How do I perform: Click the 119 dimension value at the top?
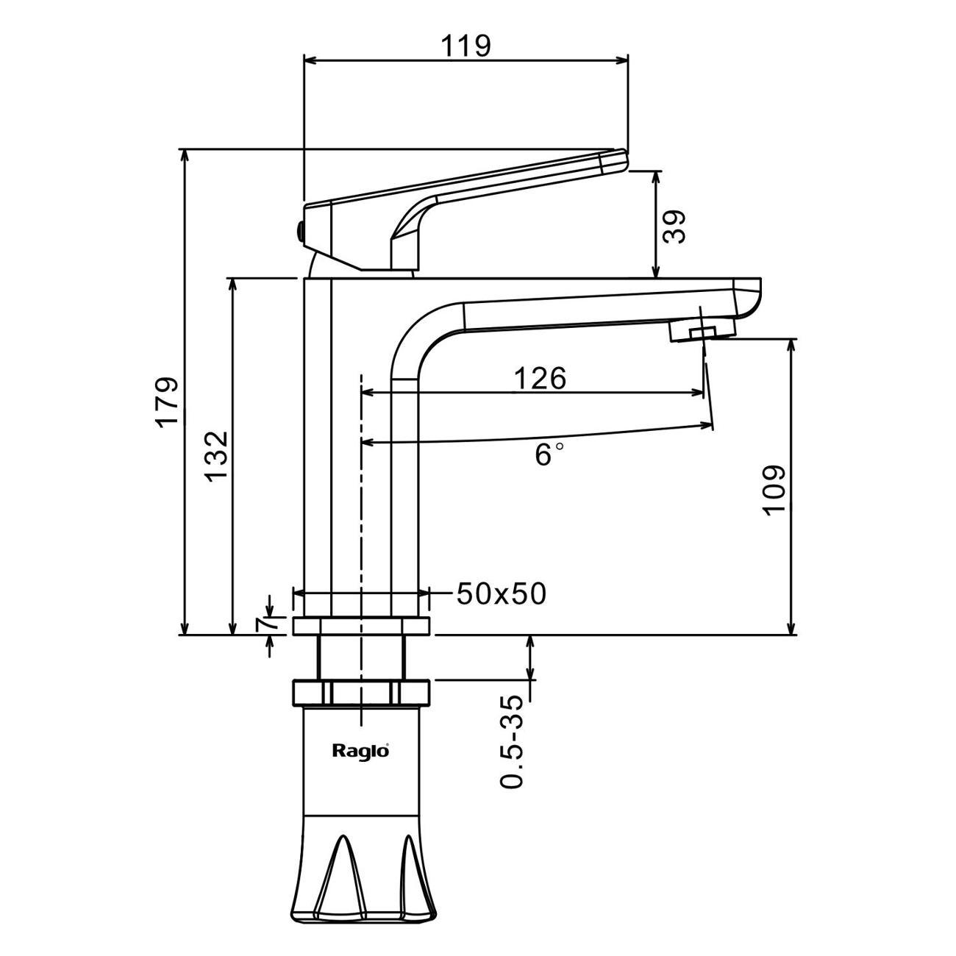465,46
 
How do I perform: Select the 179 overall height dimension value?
167,401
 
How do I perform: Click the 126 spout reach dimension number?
540,378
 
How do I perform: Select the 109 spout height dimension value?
774,491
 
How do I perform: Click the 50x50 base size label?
502,593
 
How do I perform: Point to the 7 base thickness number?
263,624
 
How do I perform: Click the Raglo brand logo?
360,751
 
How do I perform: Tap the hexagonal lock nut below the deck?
360,692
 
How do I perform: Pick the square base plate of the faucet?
360,626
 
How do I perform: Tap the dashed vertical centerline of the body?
361,515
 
